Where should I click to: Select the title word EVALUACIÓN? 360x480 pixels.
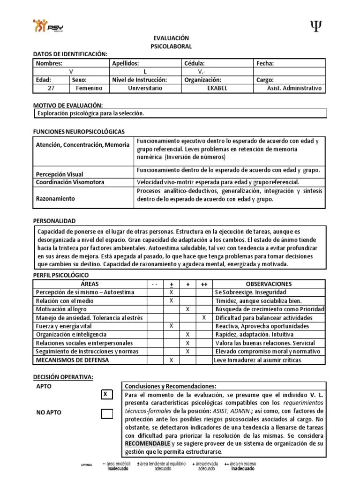(171, 38)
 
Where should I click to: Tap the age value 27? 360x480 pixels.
(52, 89)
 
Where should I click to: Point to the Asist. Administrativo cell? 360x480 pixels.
(294, 89)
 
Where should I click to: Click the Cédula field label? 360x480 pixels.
(195, 64)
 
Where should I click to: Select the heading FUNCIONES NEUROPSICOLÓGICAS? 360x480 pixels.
(79, 132)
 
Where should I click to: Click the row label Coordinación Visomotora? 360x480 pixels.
(70, 182)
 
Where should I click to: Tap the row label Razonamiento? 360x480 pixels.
(55, 199)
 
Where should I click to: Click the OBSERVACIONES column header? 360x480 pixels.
(269, 284)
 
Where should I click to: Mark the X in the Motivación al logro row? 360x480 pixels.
(187, 309)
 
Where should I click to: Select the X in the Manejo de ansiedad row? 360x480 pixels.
(204, 318)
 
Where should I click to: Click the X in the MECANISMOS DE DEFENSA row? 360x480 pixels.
(171, 360)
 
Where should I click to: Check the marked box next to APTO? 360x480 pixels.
(107, 395)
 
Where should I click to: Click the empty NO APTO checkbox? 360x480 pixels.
(107, 413)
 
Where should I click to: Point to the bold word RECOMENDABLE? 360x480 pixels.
(147, 443)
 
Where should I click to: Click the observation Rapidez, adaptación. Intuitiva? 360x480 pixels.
(254, 335)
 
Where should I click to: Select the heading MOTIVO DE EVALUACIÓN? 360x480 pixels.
(68, 106)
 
